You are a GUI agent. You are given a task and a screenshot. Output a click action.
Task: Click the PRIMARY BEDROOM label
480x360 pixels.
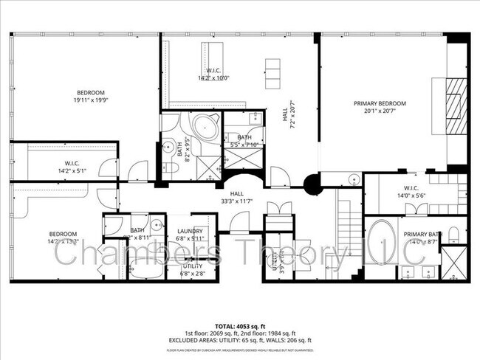point(380,103)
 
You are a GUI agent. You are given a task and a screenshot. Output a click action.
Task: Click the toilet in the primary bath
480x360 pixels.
point(454,235)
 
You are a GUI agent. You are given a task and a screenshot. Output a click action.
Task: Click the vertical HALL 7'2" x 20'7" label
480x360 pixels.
point(289,114)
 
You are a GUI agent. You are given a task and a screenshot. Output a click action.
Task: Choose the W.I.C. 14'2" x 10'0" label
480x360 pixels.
point(213,75)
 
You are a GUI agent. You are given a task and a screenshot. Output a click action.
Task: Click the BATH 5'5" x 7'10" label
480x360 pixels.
point(243,141)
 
